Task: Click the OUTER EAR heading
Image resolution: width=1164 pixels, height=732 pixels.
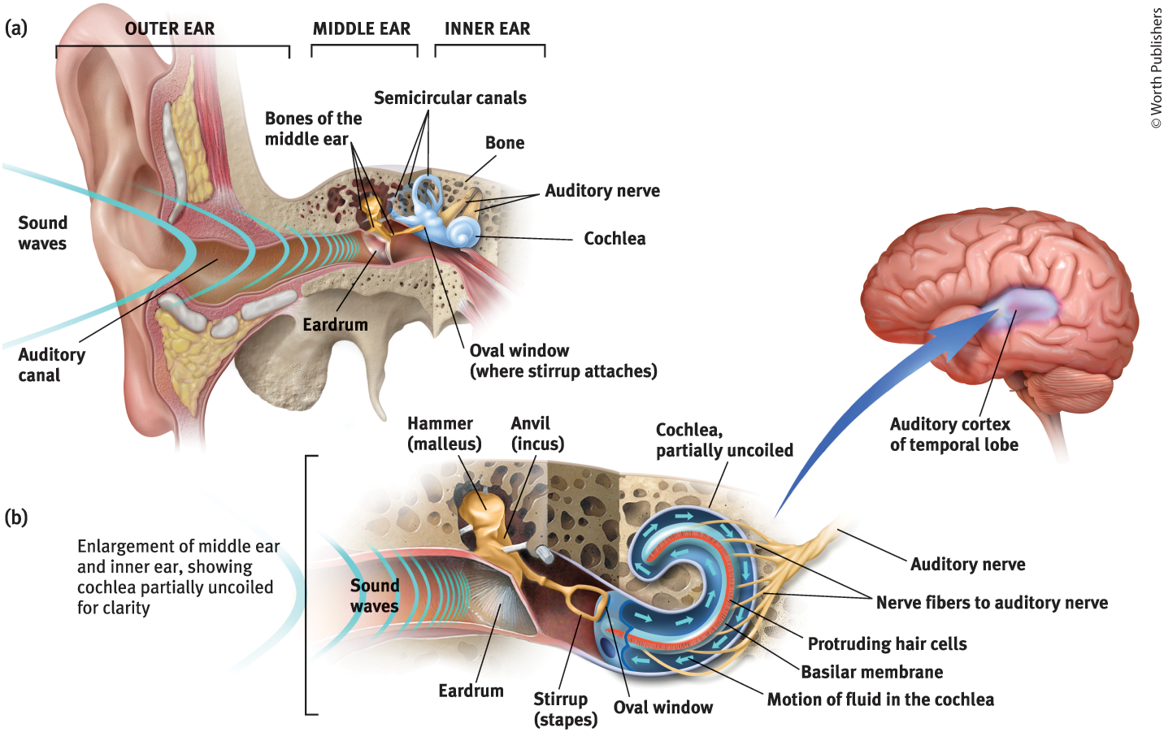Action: click(x=169, y=28)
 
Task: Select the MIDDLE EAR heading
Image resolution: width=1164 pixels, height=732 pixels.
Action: click(x=362, y=28)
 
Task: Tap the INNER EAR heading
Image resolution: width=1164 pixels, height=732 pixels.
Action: click(x=487, y=28)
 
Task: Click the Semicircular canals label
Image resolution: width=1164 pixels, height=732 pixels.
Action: click(x=450, y=98)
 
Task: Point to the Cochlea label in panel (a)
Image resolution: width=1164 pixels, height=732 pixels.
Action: click(x=615, y=239)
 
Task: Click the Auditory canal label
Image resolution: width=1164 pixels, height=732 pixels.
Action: click(x=50, y=365)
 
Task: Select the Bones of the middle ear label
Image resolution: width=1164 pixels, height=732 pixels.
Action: click(x=313, y=128)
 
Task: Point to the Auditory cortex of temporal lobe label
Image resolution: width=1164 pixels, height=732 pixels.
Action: click(x=953, y=435)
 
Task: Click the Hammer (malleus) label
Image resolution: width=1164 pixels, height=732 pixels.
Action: click(x=444, y=434)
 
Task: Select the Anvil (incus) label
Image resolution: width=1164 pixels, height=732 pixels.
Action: click(x=536, y=434)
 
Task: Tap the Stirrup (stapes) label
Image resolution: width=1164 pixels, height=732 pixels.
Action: click(x=564, y=709)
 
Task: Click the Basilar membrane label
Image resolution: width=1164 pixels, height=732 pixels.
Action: click(x=871, y=672)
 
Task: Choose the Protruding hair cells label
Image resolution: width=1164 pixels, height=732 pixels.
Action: click(x=887, y=644)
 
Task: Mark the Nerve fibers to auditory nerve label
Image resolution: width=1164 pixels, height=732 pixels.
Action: click(x=992, y=603)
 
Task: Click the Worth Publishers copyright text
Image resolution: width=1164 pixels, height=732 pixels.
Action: click(x=1156, y=69)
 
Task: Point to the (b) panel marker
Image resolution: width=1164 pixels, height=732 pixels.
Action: click(x=16, y=518)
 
